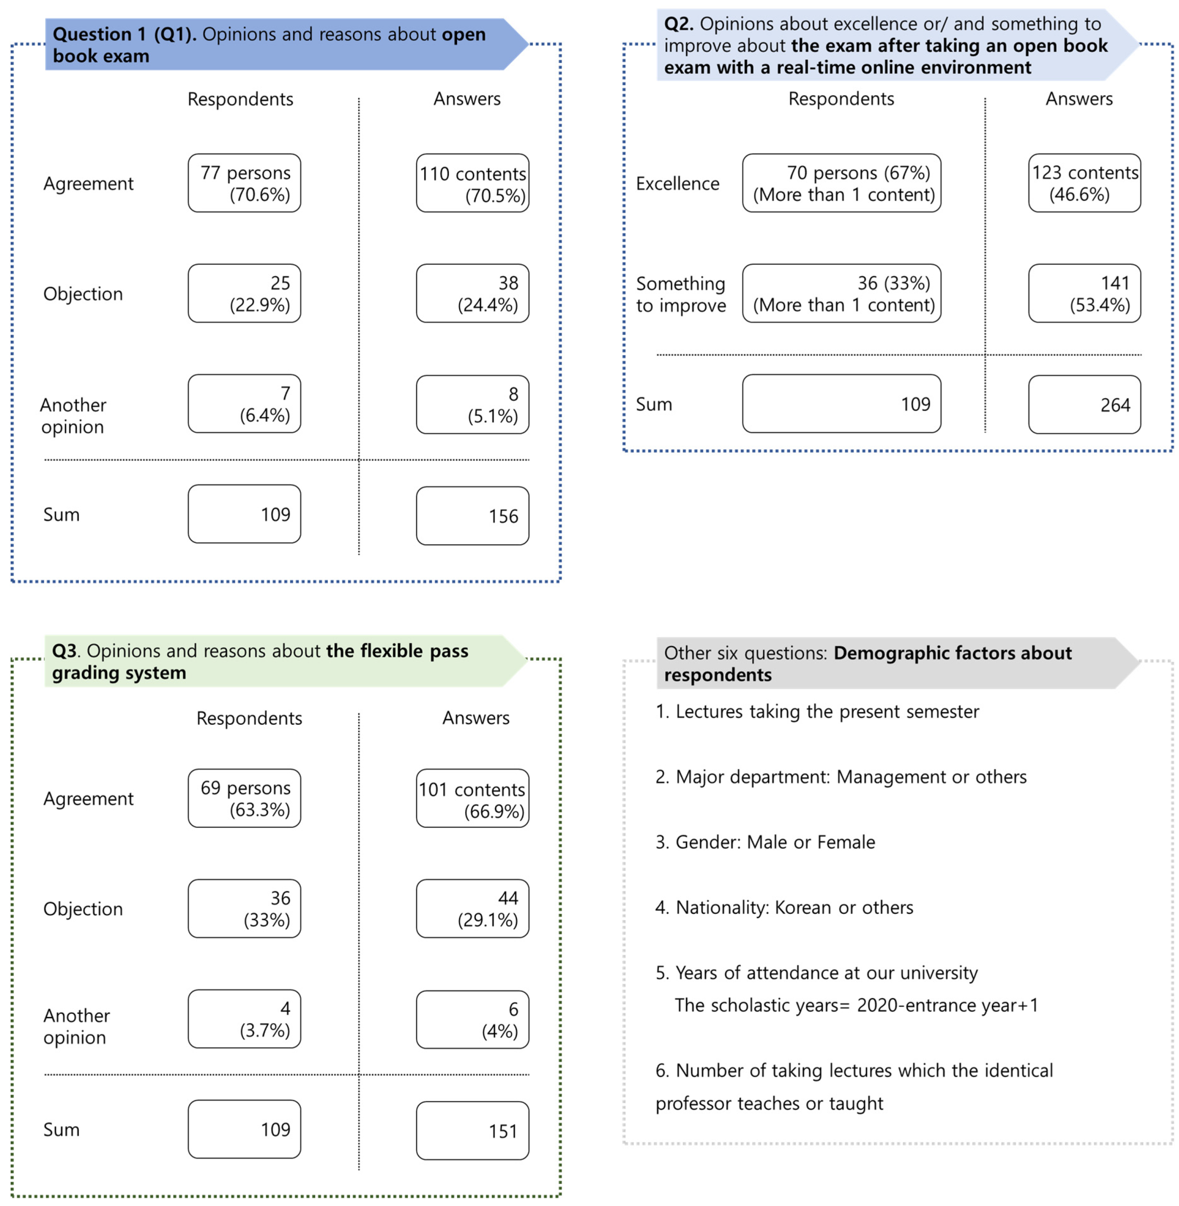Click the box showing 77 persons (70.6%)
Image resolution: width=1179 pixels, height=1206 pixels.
pyautogui.click(x=244, y=183)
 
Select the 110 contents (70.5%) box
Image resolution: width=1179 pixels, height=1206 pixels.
pyautogui.click(x=472, y=183)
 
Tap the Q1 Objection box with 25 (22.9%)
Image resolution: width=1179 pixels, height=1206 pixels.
pyautogui.click(x=244, y=294)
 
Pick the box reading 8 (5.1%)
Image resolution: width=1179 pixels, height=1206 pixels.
pyautogui.click(x=472, y=404)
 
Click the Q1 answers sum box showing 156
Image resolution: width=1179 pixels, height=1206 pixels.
pyautogui.click(x=472, y=516)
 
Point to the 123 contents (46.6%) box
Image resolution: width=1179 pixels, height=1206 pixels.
pyautogui.click(x=1084, y=183)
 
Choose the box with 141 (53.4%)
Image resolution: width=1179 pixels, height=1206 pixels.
pyautogui.click(x=1084, y=294)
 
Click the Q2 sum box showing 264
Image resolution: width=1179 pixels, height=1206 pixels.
pyautogui.click(x=1084, y=404)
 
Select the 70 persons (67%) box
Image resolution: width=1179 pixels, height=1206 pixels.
pyautogui.click(x=842, y=183)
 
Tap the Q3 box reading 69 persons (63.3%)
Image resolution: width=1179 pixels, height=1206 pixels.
pyautogui.click(x=244, y=798)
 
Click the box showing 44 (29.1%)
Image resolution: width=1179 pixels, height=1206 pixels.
pyautogui.click(x=472, y=908)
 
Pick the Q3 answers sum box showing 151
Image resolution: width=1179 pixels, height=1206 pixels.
pyautogui.click(x=472, y=1130)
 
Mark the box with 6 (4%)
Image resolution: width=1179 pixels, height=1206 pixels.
pyautogui.click(x=472, y=1019)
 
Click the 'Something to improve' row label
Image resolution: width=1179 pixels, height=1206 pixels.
pyautogui.click(x=680, y=294)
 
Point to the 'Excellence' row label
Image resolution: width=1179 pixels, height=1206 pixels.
pyautogui.click(x=677, y=184)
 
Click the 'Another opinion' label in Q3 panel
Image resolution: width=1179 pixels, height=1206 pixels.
pyautogui.click(x=76, y=1026)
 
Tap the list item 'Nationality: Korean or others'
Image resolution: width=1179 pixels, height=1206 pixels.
pyautogui.click(x=784, y=907)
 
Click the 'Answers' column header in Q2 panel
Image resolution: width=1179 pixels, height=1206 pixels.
pyautogui.click(x=1079, y=99)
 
